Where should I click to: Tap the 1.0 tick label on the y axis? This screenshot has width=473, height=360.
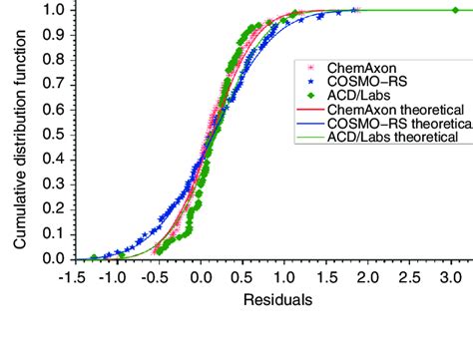point(54,10)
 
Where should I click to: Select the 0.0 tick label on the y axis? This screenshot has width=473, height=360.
point(54,258)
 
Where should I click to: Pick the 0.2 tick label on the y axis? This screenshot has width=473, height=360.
point(54,208)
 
